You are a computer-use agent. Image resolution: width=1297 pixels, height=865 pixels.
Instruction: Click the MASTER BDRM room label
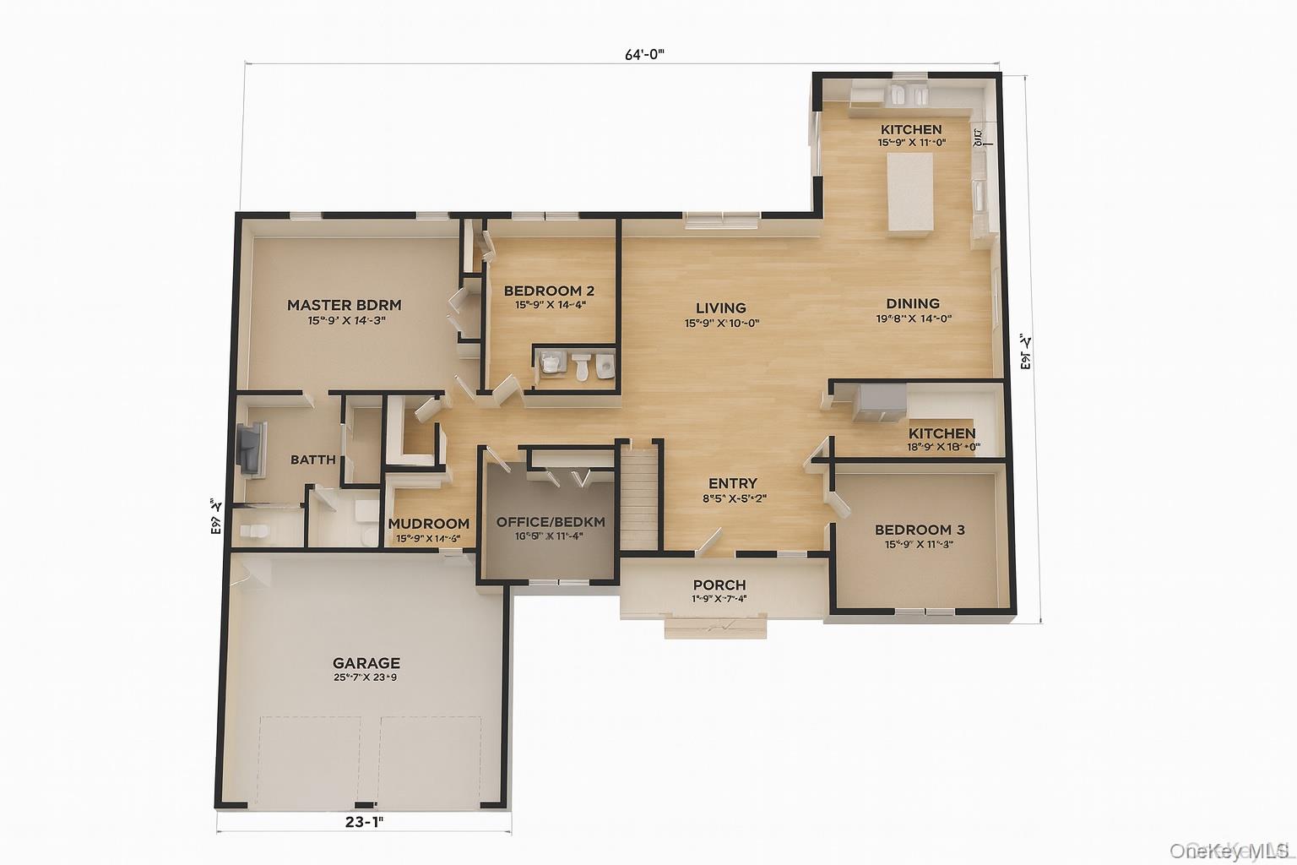(344, 305)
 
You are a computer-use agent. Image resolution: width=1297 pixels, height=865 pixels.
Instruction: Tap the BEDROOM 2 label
(549, 291)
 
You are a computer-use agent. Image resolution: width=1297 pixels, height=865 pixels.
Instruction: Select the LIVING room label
(720, 308)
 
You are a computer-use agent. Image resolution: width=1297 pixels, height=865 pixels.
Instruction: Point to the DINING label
(913, 303)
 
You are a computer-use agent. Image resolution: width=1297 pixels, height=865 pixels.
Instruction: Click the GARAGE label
(366, 663)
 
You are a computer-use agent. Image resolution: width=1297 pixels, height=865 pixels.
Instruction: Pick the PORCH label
(719, 585)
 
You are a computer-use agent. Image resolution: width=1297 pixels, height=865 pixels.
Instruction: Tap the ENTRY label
(732, 483)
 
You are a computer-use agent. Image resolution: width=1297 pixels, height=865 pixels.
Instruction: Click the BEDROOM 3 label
(920, 530)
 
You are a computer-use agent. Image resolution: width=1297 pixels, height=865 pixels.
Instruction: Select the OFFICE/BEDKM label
(551, 522)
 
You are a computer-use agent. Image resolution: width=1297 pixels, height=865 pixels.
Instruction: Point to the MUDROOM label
(428, 524)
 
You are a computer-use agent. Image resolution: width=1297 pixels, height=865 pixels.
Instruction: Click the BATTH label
(312, 460)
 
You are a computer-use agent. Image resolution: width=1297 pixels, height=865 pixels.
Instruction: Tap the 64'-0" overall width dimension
(645, 54)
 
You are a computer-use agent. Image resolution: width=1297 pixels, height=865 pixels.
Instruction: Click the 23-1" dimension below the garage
(364, 819)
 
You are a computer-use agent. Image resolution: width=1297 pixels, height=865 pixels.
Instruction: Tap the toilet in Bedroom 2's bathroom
(581, 366)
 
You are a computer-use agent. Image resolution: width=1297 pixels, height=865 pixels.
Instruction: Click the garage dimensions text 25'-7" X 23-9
(366, 677)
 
